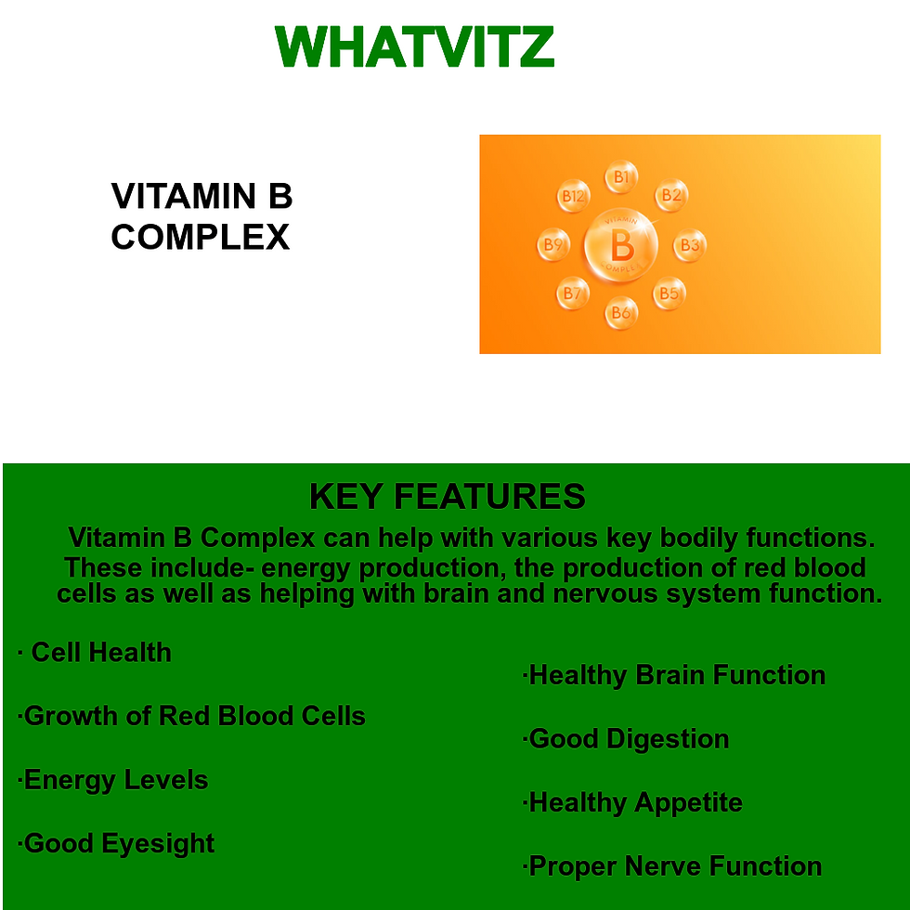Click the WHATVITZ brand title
click(415, 46)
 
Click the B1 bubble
click(621, 176)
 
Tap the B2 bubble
click(670, 195)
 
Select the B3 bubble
click(689, 245)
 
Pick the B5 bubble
click(669, 294)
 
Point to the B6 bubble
click(621, 313)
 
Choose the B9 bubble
click(553, 245)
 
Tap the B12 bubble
click(573, 196)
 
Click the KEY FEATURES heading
click(447, 497)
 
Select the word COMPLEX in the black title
click(201, 238)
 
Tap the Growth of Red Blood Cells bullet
click(193, 716)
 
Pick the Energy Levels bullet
click(114, 780)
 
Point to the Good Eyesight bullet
click(118, 843)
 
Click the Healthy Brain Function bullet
click(675, 675)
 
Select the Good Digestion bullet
click(627, 739)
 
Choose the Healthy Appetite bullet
click(634, 802)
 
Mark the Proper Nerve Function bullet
click(673, 866)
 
